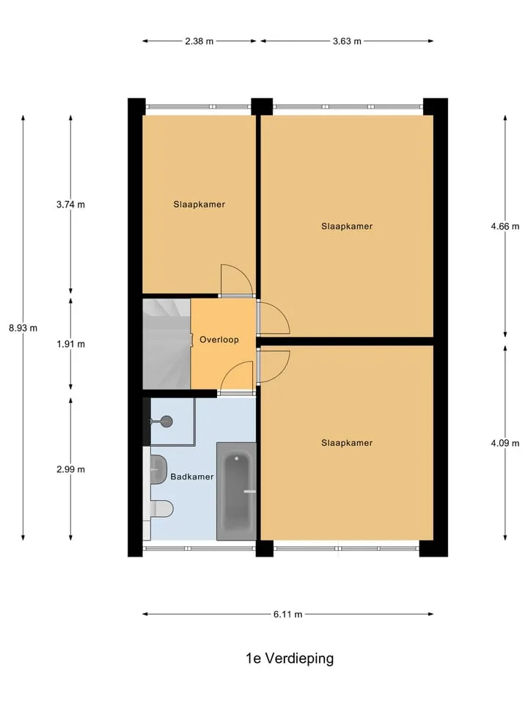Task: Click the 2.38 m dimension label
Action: pyautogui.click(x=199, y=41)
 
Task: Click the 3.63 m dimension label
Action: pyautogui.click(x=347, y=41)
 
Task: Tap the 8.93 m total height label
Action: pyautogui.click(x=23, y=329)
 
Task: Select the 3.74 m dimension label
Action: pyautogui.click(x=70, y=205)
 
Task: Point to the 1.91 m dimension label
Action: pyautogui.click(x=70, y=345)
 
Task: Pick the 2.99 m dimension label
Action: pyautogui.click(x=70, y=469)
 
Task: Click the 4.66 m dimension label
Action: pyautogui.click(x=505, y=227)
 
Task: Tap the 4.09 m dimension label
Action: pyautogui.click(x=505, y=443)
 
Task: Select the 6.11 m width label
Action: pyautogui.click(x=287, y=615)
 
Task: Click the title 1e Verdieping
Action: pyautogui.click(x=290, y=659)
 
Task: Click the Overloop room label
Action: pyautogui.click(x=219, y=340)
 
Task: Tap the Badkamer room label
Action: pyautogui.click(x=191, y=477)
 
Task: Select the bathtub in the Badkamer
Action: pyautogui.click(x=236, y=491)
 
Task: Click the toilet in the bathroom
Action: pyautogui.click(x=158, y=509)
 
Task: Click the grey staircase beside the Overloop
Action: pyautogui.click(x=166, y=344)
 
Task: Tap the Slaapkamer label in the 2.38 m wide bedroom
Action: pyautogui.click(x=199, y=205)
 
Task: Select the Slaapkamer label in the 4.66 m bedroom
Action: pyautogui.click(x=347, y=227)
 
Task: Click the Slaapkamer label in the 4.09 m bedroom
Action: pyautogui.click(x=347, y=443)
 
